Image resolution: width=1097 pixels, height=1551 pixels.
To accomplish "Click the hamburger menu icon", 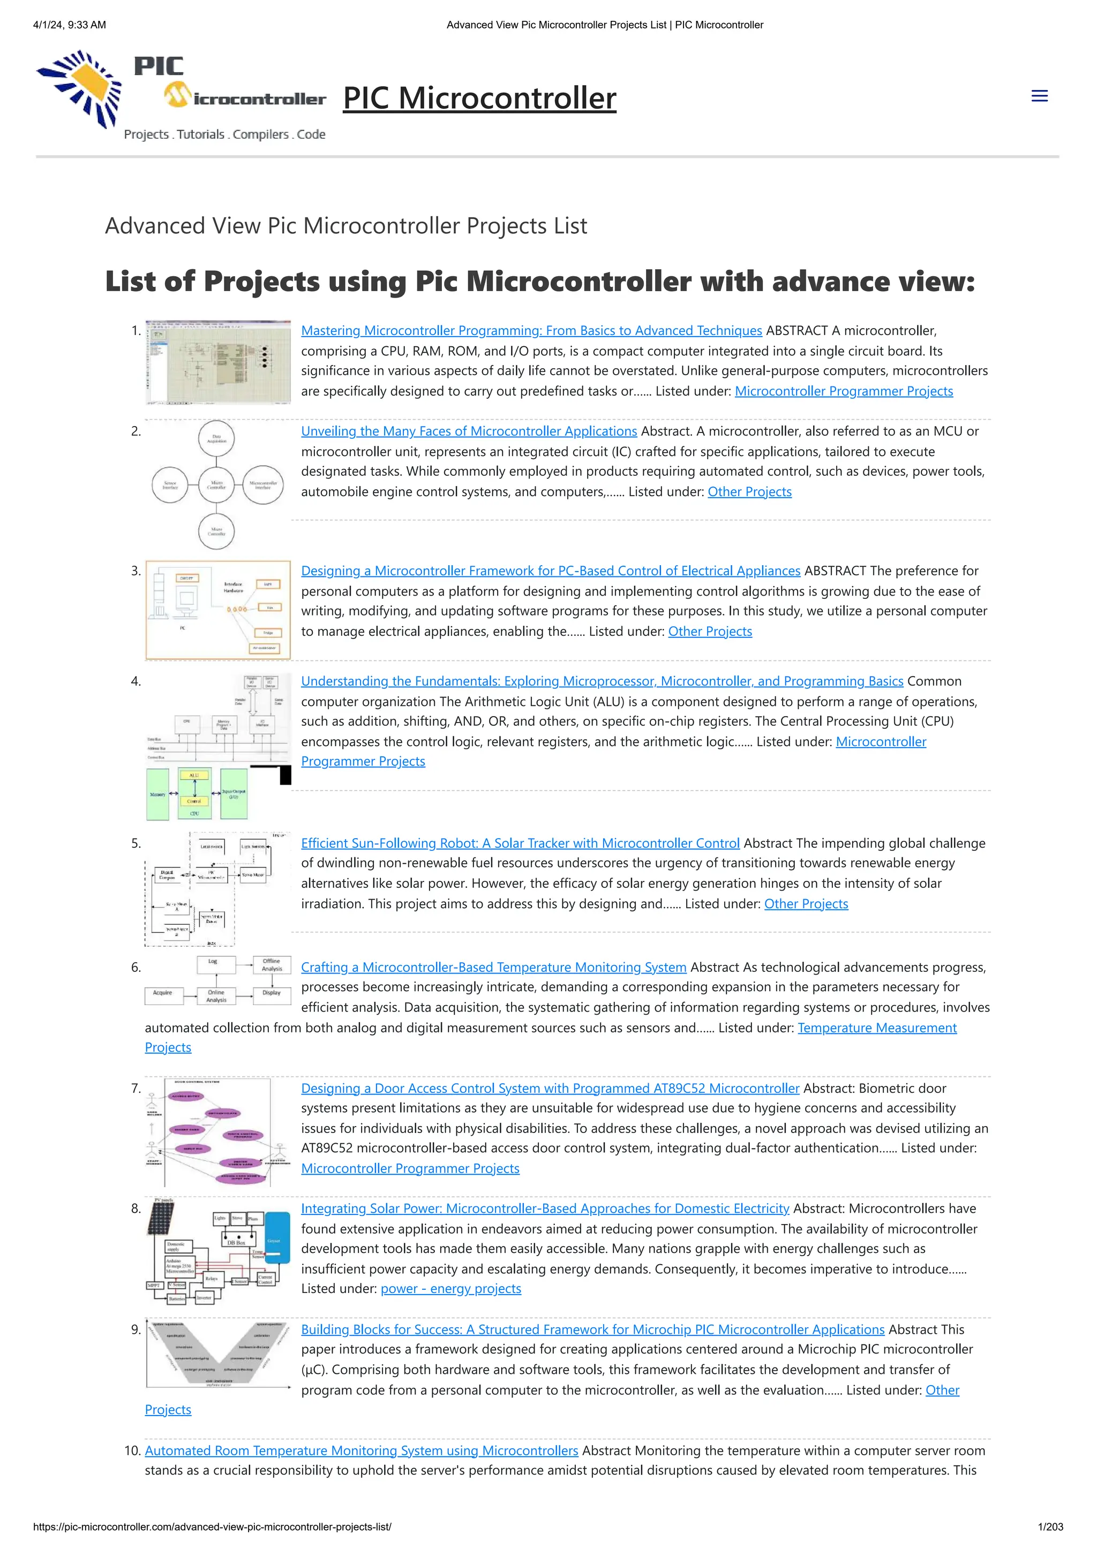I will point(1039,96).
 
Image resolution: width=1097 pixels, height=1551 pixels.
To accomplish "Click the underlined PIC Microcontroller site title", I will point(479,98).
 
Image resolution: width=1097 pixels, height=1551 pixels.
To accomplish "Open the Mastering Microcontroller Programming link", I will point(531,330).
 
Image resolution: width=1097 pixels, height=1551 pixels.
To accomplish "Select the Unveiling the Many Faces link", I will point(469,431).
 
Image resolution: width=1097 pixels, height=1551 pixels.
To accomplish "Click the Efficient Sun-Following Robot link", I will point(520,843).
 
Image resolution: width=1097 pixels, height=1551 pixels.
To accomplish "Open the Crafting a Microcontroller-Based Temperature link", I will point(493,967).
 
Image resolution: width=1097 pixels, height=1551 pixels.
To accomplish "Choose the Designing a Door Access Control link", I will point(550,1088).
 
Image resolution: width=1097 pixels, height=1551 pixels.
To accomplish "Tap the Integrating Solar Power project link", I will point(545,1208).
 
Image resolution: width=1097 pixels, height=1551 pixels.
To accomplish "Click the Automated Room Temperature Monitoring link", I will point(361,1450).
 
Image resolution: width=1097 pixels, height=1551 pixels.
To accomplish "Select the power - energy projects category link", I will point(451,1288).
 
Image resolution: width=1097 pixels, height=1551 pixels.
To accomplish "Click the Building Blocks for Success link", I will point(592,1329).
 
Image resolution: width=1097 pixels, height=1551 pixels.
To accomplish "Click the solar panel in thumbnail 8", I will point(160,1219).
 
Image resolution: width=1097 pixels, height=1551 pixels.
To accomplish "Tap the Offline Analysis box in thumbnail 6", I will point(272,964).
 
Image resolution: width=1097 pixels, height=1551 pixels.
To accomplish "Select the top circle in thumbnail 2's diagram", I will point(216,438).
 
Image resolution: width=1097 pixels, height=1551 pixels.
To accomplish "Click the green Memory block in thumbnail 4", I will point(157,794).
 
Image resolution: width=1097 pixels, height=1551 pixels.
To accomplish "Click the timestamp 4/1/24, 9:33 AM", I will point(70,25).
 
